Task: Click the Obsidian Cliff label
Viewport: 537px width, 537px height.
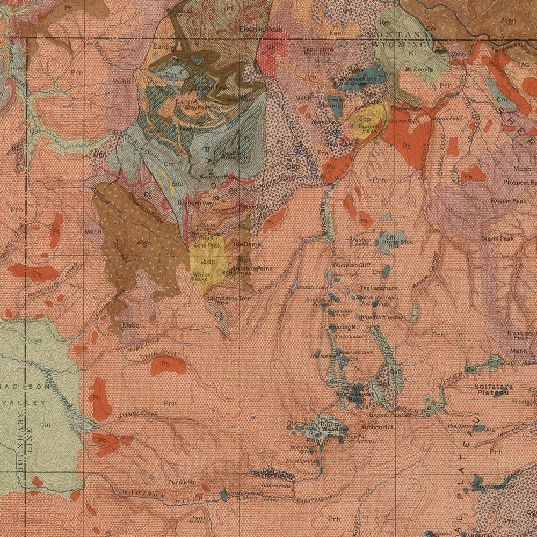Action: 352,265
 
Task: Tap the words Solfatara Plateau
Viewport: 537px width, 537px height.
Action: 493,389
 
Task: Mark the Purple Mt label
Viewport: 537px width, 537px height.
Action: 182,482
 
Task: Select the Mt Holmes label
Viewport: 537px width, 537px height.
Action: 236,273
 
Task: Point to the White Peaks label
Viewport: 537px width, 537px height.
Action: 199,277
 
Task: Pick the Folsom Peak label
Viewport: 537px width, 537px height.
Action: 508,201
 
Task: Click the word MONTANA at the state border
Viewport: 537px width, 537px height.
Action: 397,34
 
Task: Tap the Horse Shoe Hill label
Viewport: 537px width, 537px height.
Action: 397,243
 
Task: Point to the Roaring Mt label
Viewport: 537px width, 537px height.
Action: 344,326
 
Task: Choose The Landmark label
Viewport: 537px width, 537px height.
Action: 379,288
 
